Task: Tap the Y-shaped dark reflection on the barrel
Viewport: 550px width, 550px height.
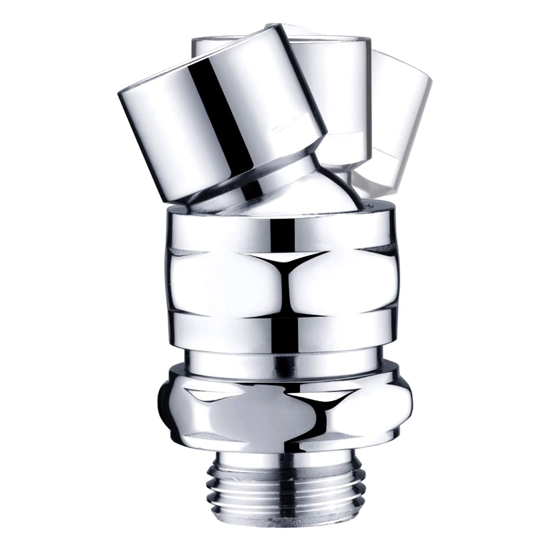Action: [283, 269]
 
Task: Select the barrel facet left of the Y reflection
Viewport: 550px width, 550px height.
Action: [220, 280]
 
